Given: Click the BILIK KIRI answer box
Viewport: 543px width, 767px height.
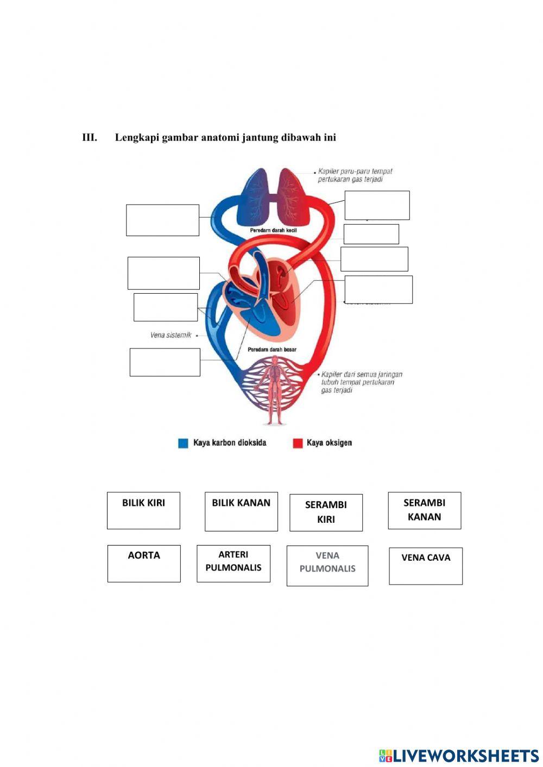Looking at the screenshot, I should pyautogui.click(x=143, y=510).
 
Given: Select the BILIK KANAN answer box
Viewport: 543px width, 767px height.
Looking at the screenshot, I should pyautogui.click(x=241, y=511).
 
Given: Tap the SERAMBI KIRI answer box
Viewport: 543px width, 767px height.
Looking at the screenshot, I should pyautogui.click(x=326, y=512).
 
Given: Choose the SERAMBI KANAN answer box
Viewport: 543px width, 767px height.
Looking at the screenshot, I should pyautogui.click(x=424, y=510).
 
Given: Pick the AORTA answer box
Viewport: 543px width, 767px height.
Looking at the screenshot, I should pyautogui.click(x=144, y=563).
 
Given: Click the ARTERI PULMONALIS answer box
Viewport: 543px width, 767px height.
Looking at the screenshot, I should pyautogui.click(x=233, y=563).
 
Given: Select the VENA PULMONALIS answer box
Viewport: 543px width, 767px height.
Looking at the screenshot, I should pyautogui.click(x=327, y=566).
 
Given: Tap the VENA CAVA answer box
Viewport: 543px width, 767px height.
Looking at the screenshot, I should pyautogui.click(x=426, y=566).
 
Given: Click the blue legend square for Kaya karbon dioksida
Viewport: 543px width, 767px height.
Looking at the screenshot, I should pyautogui.click(x=183, y=443).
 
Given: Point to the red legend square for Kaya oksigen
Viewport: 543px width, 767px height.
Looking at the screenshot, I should pyautogui.click(x=298, y=443).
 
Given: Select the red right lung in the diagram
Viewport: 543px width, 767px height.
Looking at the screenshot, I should pyautogui.click(x=293, y=198).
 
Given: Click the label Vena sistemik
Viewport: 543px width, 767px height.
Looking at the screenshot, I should pyautogui.click(x=171, y=335).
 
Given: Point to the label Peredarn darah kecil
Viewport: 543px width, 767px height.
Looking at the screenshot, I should pyautogui.click(x=273, y=231).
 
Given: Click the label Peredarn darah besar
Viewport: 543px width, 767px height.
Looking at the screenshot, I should pyautogui.click(x=272, y=350).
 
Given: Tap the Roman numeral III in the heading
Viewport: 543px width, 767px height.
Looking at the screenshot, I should pyautogui.click(x=90, y=137).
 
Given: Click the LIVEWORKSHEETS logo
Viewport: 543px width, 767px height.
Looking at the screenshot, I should pyautogui.click(x=458, y=755).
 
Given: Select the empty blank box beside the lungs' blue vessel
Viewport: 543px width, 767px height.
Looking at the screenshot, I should pyautogui.click(x=162, y=220).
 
